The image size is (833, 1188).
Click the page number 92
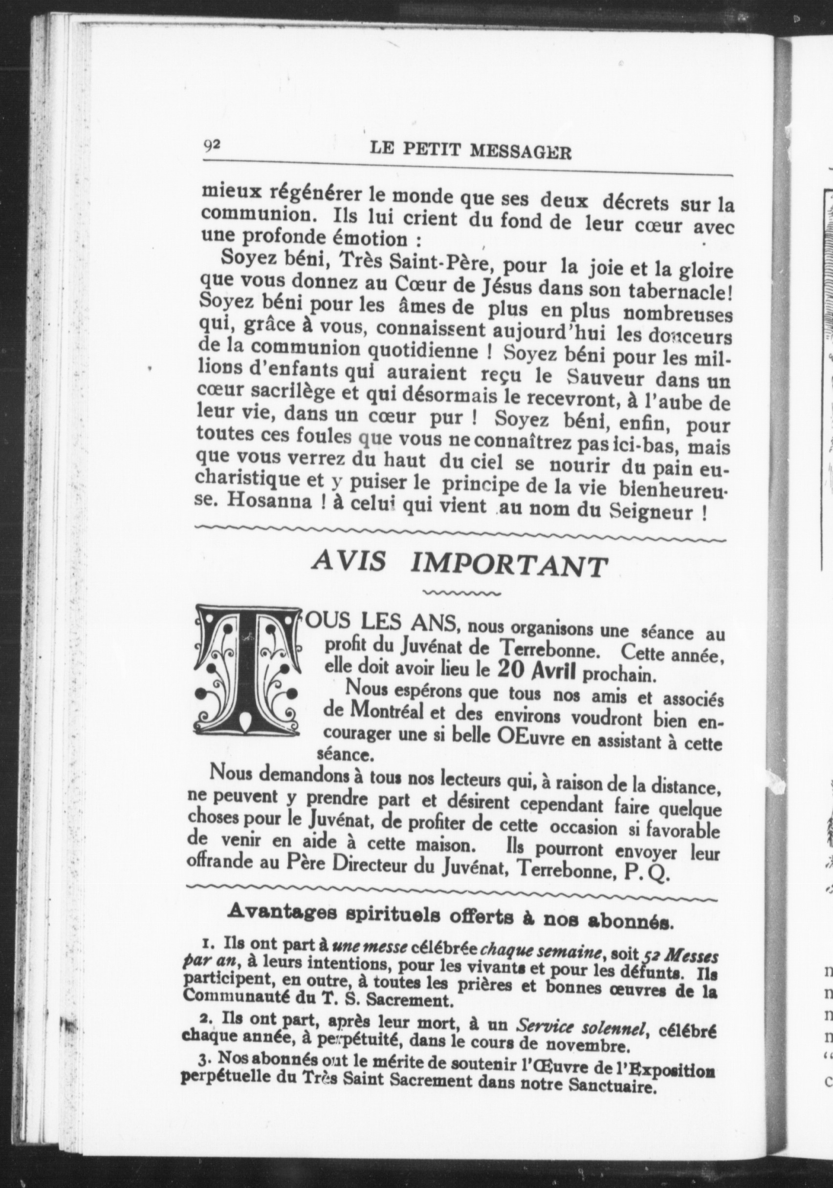click(x=212, y=147)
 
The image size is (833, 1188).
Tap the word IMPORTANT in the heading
click(x=507, y=567)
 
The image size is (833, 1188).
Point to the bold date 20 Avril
click(x=537, y=671)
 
